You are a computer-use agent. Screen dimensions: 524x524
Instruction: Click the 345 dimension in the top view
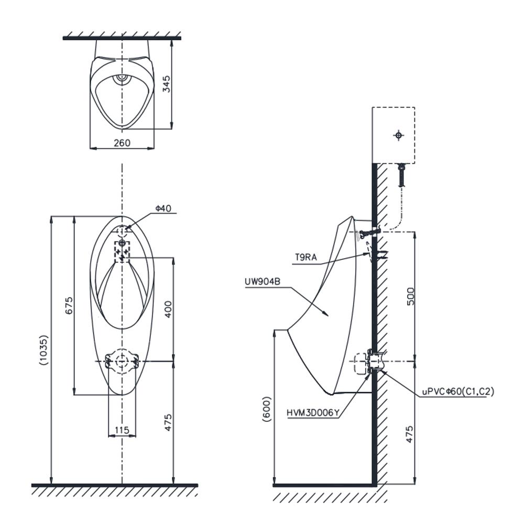pos(167,84)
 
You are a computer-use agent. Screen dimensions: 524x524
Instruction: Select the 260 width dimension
pos(122,143)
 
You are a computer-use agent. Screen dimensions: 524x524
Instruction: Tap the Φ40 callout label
pos(163,209)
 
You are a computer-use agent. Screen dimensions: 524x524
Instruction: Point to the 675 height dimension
pos(69,305)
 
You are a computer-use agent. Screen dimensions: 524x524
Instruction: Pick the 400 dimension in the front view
pos(168,309)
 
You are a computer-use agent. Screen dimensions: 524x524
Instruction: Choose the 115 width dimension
pos(122,430)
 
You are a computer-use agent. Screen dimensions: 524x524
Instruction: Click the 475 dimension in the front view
pos(168,422)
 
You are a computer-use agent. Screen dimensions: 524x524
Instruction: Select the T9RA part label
pos(306,257)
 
